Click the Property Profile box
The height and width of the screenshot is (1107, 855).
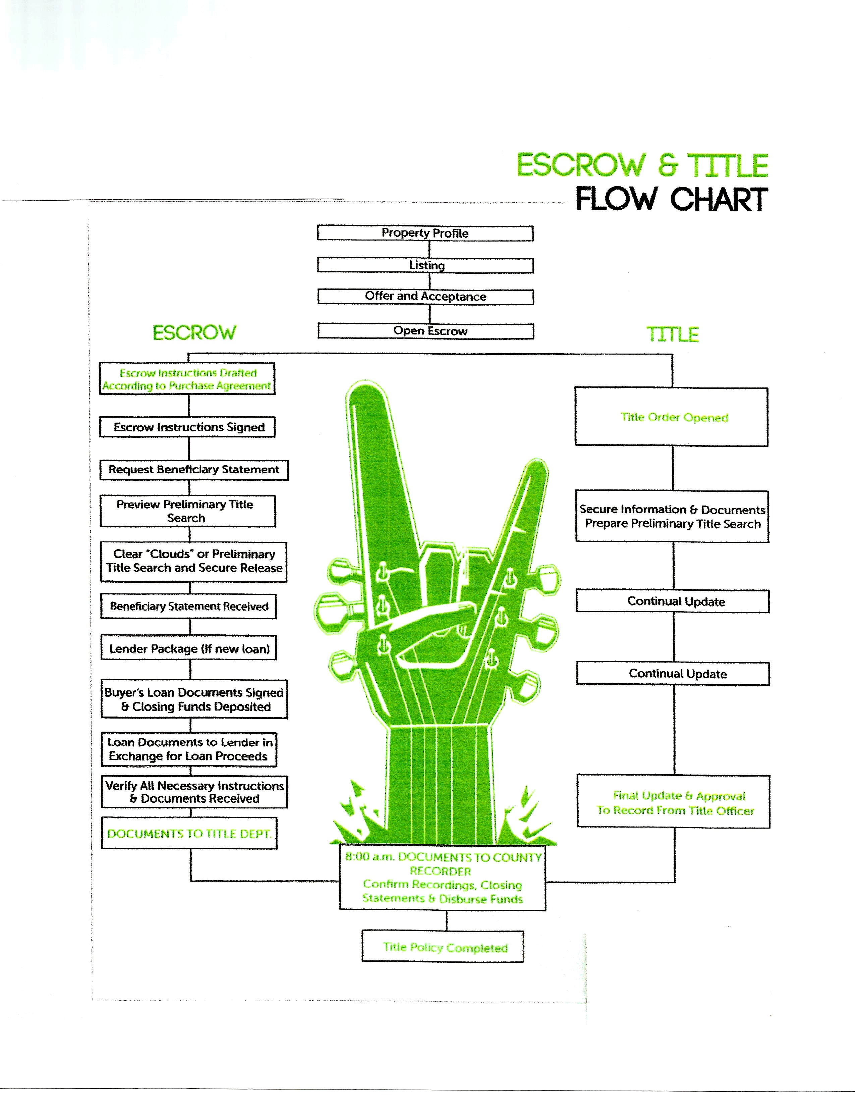(425, 233)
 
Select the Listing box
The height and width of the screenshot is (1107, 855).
(425, 266)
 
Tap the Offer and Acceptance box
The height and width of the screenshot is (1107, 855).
(425, 297)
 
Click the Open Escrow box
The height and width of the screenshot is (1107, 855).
(425, 331)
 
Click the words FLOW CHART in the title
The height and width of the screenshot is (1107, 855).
(671, 199)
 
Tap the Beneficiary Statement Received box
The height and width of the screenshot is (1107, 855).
(188, 606)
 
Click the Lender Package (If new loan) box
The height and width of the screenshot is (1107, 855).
(189, 648)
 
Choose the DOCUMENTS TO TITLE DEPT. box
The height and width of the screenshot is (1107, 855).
(189, 834)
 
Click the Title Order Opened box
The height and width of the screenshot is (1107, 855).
(672, 417)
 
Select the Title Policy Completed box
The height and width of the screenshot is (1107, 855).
(443, 947)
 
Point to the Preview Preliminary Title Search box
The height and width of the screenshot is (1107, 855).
(188, 511)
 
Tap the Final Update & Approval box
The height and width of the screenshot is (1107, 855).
(674, 802)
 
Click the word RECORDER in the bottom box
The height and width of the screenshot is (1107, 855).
(440, 871)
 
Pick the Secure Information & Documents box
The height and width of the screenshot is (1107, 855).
(672, 517)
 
